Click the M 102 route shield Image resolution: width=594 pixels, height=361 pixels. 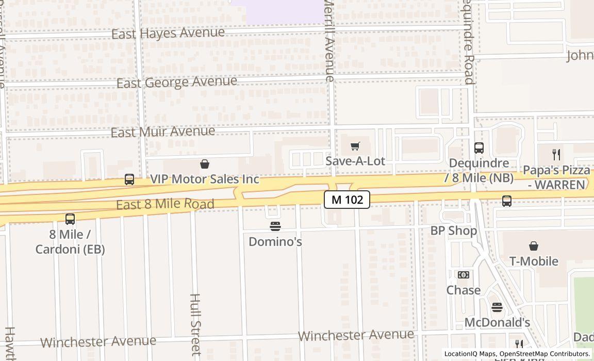347,200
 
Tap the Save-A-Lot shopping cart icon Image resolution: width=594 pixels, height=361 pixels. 355,146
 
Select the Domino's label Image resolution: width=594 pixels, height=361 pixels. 275,241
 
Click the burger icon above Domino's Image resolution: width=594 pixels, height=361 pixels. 275,226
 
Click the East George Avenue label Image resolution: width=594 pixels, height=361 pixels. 176,83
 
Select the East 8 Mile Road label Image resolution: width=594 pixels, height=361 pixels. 165,204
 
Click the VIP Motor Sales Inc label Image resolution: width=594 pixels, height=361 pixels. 204,179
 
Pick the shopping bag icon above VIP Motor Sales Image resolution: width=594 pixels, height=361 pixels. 205,164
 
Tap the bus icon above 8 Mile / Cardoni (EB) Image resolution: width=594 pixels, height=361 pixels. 70,219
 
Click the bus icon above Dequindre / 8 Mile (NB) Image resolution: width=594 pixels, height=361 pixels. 479,148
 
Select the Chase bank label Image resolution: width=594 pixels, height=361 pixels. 464,290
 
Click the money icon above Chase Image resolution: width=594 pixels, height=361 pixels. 464,275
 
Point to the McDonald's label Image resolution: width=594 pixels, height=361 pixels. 497,323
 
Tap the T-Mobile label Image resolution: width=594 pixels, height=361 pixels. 534,261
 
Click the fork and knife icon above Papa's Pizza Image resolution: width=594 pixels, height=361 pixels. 556,154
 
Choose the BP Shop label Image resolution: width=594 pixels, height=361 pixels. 454,231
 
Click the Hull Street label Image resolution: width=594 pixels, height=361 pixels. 195,324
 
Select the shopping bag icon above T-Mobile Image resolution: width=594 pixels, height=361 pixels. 534,247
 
